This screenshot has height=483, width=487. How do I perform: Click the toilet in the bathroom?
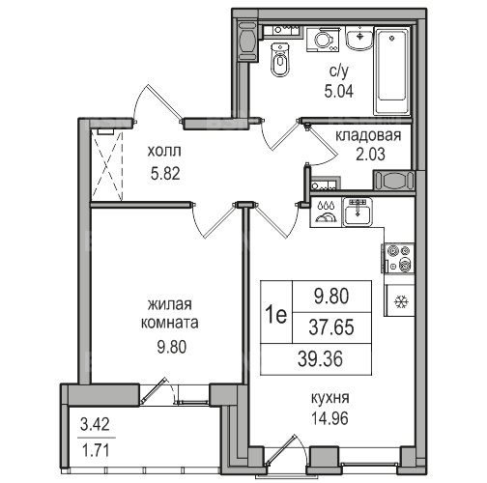click(x=280, y=60)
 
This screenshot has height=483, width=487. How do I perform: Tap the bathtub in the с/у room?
click(x=391, y=71)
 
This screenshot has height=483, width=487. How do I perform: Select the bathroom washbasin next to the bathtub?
click(x=359, y=38)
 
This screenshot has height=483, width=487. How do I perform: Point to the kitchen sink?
click(x=358, y=212)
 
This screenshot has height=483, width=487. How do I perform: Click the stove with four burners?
click(x=399, y=258)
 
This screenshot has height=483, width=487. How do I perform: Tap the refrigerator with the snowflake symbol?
click(x=400, y=301)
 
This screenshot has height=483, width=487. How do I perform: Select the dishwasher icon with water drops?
click(x=326, y=213)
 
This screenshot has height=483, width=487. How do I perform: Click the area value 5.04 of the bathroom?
click(x=339, y=91)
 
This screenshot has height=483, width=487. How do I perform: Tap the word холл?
click(x=164, y=151)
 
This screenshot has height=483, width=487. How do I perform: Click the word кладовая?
click(x=368, y=136)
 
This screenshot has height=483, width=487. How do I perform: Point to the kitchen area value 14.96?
click(x=329, y=419)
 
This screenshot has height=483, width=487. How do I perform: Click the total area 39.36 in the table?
click(x=320, y=359)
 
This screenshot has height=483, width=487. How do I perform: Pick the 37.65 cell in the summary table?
click(x=331, y=327)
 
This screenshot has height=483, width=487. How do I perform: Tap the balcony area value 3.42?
click(x=95, y=424)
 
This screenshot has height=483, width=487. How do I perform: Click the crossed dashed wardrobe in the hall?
click(x=107, y=165)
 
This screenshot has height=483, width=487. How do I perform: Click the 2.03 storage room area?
click(x=370, y=155)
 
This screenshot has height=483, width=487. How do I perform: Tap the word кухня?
click(x=330, y=398)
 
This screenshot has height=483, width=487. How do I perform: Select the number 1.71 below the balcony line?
click(x=96, y=450)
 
